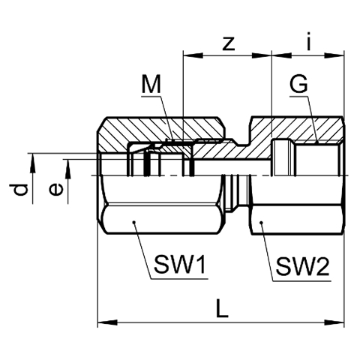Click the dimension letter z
(x=229, y=43)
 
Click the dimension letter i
(x=309, y=41)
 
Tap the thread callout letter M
(x=151, y=84)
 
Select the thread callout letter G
(x=298, y=84)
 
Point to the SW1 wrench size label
(x=180, y=265)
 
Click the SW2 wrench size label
(x=302, y=266)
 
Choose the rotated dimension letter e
(x=55, y=189)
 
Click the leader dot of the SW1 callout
(x=134, y=222)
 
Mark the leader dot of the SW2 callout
(x=262, y=222)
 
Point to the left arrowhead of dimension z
(x=193, y=55)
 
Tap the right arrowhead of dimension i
(x=334, y=55)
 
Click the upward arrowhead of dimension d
(x=32, y=163)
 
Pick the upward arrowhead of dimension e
(x=67, y=169)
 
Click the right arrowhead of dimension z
(x=262, y=55)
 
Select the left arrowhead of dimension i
(x=282, y=55)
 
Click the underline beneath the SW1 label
(x=178, y=278)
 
